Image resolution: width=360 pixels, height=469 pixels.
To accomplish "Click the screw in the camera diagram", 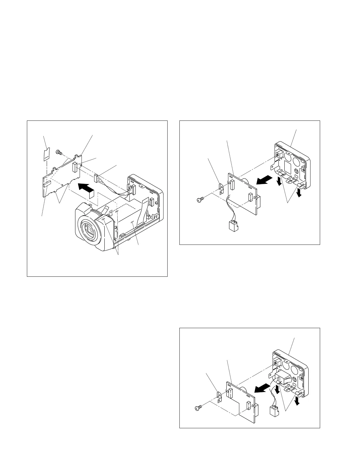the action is (x=58, y=152).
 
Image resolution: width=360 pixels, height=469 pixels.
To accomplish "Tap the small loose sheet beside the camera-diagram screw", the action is (x=46, y=154).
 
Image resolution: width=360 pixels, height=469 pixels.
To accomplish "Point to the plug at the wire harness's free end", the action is (x=96, y=178).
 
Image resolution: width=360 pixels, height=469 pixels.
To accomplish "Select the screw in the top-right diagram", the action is (x=200, y=200).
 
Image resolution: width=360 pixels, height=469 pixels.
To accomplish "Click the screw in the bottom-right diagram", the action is (x=198, y=408).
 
